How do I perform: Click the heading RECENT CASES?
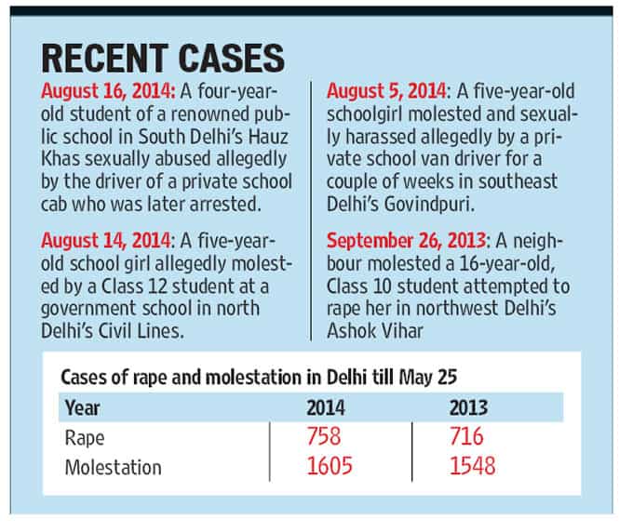tap(163, 58)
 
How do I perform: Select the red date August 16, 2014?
tap(108, 91)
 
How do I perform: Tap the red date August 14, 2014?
tap(107, 241)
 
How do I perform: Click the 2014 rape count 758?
tap(324, 436)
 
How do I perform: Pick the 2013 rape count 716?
tap(466, 436)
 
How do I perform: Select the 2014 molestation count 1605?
tap(330, 466)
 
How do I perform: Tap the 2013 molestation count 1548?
tap(472, 466)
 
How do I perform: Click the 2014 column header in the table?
tap(326, 407)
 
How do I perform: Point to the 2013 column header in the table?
tap(468, 407)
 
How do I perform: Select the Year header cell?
tap(82, 407)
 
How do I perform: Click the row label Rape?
tap(85, 439)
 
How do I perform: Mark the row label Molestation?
tap(114, 468)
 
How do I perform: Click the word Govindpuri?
tap(429, 205)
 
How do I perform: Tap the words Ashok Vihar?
tap(375, 330)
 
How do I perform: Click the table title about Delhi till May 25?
tap(259, 378)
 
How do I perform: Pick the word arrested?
tap(225, 205)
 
